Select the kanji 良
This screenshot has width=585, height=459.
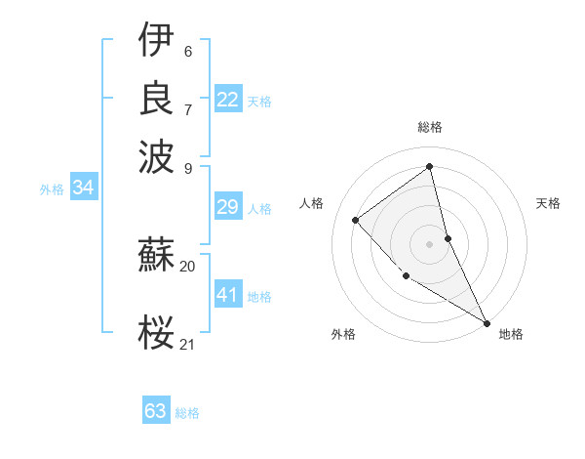(x=156, y=98)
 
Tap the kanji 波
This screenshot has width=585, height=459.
(x=156, y=155)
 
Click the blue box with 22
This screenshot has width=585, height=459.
(x=228, y=100)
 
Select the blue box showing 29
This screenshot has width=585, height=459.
(x=228, y=207)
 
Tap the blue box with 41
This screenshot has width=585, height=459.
(x=228, y=295)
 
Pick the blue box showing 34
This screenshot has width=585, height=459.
(x=83, y=188)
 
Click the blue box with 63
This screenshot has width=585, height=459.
(x=156, y=411)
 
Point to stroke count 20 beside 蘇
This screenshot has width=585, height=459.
(x=187, y=266)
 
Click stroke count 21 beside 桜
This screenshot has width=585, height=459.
(x=187, y=344)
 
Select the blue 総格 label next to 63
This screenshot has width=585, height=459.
(x=187, y=413)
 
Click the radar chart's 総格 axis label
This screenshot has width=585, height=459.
(x=430, y=127)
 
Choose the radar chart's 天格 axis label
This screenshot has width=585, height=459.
(x=548, y=203)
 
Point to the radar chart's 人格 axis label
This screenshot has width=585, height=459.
(x=312, y=203)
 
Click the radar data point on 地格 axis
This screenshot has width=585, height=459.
(x=487, y=322)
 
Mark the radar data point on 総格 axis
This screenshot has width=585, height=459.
(x=430, y=166)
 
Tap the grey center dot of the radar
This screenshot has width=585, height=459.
(x=430, y=244)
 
